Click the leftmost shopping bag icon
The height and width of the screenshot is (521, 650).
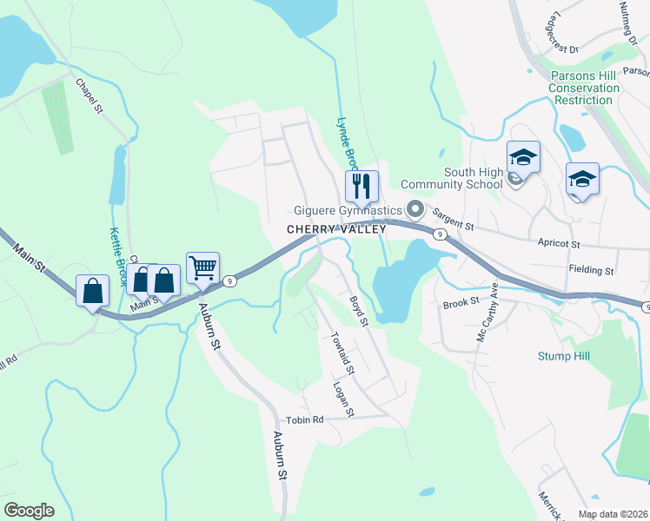click(93, 291)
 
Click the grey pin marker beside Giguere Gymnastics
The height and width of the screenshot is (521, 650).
click(415, 209)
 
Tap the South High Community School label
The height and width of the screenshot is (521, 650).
click(473, 178)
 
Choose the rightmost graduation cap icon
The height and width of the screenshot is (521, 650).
click(582, 180)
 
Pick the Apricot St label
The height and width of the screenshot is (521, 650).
click(564, 246)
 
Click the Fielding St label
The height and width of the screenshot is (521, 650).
click(592, 271)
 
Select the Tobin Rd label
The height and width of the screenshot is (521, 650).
click(304, 420)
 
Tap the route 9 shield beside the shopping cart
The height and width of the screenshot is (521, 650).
click(229, 280)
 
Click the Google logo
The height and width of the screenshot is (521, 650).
click(29, 511)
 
